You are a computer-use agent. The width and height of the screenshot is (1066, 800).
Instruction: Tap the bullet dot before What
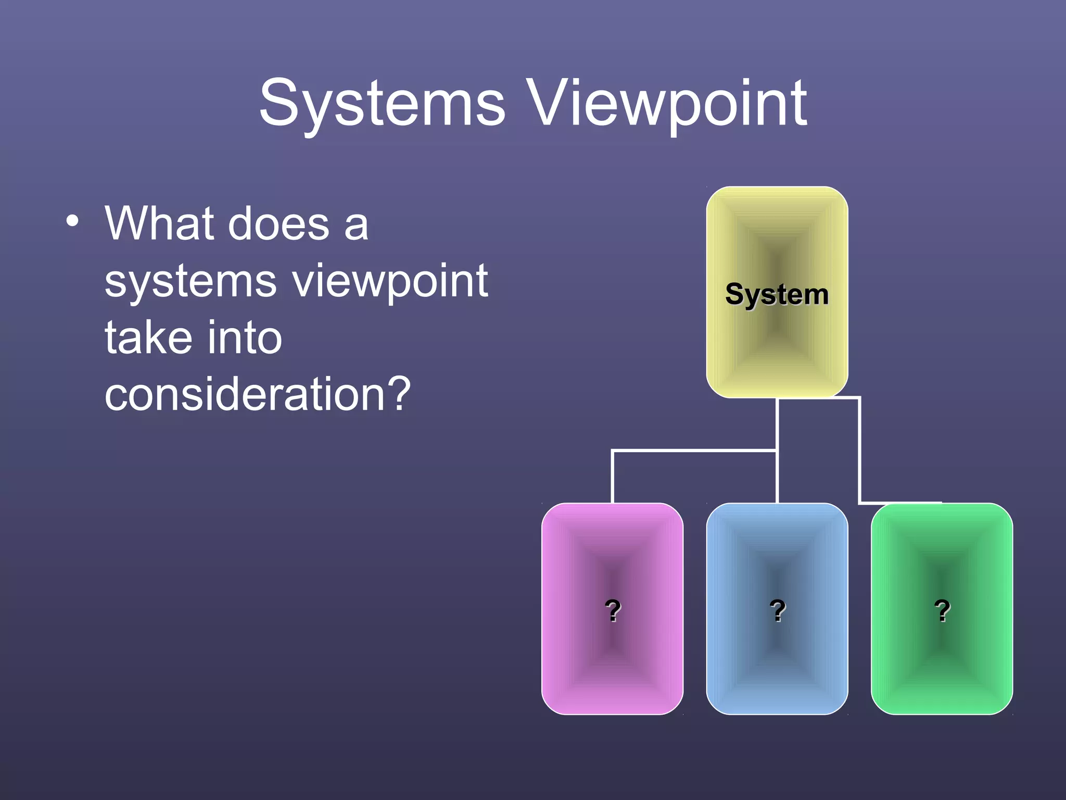coord(72,221)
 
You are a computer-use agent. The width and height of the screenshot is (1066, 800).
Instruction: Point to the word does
coord(278,223)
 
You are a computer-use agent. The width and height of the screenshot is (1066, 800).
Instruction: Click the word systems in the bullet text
coord(190,282)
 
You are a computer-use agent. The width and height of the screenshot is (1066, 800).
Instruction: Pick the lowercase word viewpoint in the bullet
coord(390,282)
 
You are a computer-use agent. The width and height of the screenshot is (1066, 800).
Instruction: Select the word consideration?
coord(258,394)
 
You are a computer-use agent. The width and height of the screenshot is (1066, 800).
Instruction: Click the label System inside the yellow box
coord(777,294)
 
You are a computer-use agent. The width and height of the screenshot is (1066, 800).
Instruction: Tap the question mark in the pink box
coord(613,610)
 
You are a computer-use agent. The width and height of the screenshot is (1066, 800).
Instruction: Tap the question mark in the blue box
coord(777,610)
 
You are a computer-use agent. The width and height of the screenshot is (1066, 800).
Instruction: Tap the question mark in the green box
coord(942,610)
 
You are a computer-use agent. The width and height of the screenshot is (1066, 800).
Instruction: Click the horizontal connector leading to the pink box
coord(692,451)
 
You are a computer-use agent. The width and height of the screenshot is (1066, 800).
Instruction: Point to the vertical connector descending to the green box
coord(859,451)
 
